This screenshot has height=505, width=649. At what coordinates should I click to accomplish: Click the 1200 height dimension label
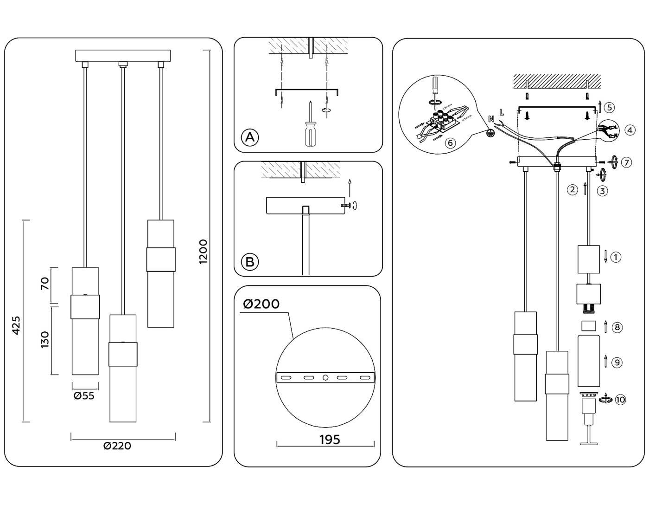pos(203,252)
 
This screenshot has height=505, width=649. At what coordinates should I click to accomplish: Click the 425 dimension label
pos(16,325)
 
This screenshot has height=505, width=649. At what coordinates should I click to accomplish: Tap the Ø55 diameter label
pos(84,396)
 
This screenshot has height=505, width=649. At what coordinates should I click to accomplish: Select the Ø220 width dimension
pos(117,446)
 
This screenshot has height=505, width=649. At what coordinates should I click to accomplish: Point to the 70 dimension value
pos(45,284)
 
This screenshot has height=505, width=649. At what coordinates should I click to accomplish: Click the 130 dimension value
pos(45,340)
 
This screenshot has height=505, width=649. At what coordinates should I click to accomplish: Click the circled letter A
pos(250,137)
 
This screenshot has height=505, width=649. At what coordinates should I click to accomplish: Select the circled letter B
pos(250,262)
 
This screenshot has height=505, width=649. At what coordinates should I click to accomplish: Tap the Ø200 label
pos(261,304)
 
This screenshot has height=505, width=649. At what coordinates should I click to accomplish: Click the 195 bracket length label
pos(330,440)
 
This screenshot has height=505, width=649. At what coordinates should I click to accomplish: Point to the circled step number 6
pos(449,143)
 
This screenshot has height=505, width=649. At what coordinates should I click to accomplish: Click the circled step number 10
pos(620,399)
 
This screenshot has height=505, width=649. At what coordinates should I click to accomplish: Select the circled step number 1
pos(616,257)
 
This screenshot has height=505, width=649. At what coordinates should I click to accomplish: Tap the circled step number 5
pos(610,108)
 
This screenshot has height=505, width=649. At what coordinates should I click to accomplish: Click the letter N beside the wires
pos(491,119)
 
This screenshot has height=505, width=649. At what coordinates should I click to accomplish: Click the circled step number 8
pos(617,327)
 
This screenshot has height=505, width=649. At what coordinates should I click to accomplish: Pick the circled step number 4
pos(629,130)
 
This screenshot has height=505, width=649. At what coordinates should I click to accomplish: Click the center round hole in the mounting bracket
pos(325,378)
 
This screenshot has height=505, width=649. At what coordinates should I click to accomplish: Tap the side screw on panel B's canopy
pos(346,205)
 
